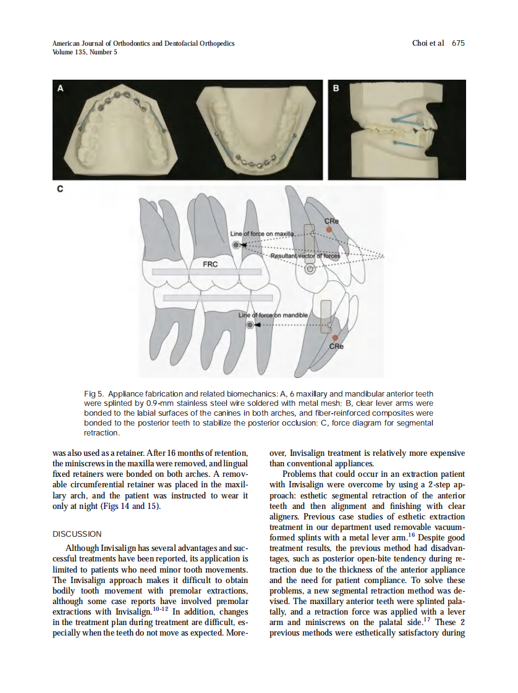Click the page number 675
[x=458, y=43]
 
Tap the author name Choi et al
[x=428, y=43]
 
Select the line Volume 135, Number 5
[x=85, y=52]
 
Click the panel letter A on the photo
[x=60, y=89]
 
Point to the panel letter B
[x=336, y=89]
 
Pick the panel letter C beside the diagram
[x=60, y=190]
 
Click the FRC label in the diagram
[x=210, y=264]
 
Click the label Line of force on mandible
[x=273, y=315]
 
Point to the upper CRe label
[x=331, y=220]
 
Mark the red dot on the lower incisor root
[x=335, y=337]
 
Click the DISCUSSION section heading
[x=77, y=534]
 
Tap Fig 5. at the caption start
[x=93, y=393]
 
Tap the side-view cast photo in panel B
[x=396, y=129]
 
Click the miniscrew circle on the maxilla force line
[x=236, y=245]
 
